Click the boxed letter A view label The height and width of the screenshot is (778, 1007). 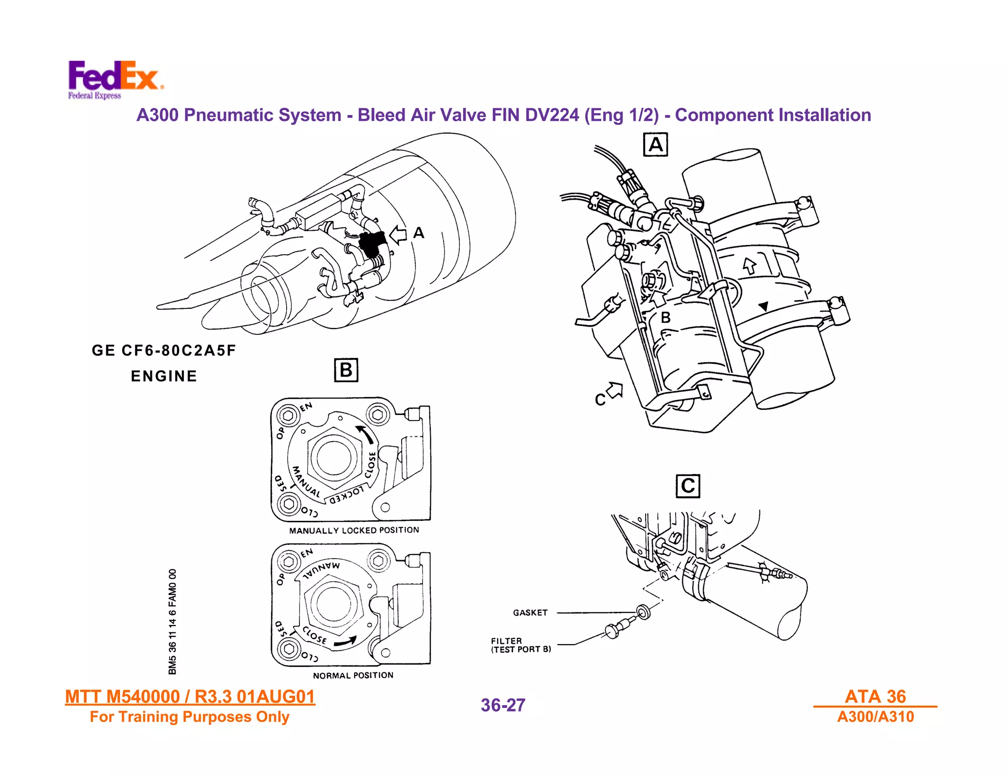tap(655, 145)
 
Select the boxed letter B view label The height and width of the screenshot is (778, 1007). tap(346, 370)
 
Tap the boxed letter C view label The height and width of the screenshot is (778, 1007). tap(687, 486)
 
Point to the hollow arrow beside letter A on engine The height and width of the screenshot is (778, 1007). tap(398, 235)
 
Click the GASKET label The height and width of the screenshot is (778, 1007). tap(530, 613)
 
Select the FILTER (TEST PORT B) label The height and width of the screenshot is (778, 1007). tap(521, 645)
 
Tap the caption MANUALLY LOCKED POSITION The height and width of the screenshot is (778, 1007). tap(354, 530)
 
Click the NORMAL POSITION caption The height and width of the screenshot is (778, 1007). tap(353, 675)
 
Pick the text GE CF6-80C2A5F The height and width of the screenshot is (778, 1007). tap(164, 351)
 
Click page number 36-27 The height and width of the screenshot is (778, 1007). tap(503, 705)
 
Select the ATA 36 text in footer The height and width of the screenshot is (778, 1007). tap(875, 696)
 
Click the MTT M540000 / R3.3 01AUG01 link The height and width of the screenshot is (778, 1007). tap(190, 697)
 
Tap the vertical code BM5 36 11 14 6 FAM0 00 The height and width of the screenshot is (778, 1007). tap(172, 622)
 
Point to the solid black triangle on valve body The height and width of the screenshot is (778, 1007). tap(763, 306)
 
